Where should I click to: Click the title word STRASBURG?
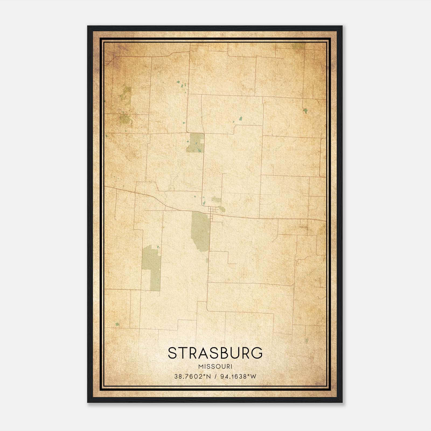[215, 353]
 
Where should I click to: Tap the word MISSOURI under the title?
[215, 367]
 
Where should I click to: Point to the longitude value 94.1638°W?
[238, 377]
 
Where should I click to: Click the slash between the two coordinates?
[215, 377]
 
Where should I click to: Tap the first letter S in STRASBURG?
[173, 353]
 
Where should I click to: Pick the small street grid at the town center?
[213, 210]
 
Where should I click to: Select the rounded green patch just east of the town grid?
[222, 209]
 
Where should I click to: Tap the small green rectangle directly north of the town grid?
[216, 200]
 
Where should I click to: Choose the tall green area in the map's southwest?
[152, 268]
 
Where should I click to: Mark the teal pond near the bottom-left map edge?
[117, 324]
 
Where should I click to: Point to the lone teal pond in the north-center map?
[240, 118]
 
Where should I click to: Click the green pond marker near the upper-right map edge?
[305, 110]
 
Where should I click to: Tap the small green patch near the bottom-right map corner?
[306, 340]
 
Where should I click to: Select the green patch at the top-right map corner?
[298, 46]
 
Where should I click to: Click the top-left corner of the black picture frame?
[88, 26]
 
